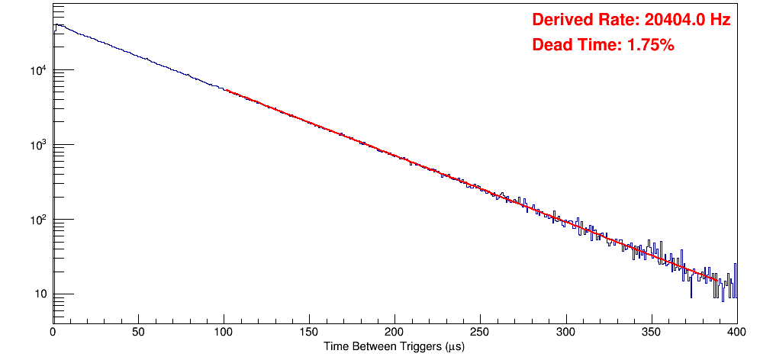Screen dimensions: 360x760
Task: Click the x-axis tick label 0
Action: (53, 331)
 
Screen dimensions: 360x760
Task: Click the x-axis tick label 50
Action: (138, 331)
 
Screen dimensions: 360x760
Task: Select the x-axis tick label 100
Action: (224, 331)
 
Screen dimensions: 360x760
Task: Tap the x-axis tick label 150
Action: (309, 331)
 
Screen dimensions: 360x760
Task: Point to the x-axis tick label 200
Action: (394, 331)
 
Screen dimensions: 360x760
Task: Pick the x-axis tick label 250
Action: (480, 331)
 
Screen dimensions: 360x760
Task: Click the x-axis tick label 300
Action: (565, 331)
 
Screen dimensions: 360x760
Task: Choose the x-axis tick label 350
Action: (651, 331)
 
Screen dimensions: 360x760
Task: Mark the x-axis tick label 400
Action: (736, 331)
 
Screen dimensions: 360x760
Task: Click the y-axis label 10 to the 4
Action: (37, 71)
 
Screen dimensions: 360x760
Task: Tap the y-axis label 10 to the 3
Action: (37, 145)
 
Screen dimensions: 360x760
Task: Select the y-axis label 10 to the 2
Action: (37, 220)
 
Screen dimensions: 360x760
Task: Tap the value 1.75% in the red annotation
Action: (650, 45)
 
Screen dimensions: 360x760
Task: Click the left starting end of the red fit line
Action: (227, 90)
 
